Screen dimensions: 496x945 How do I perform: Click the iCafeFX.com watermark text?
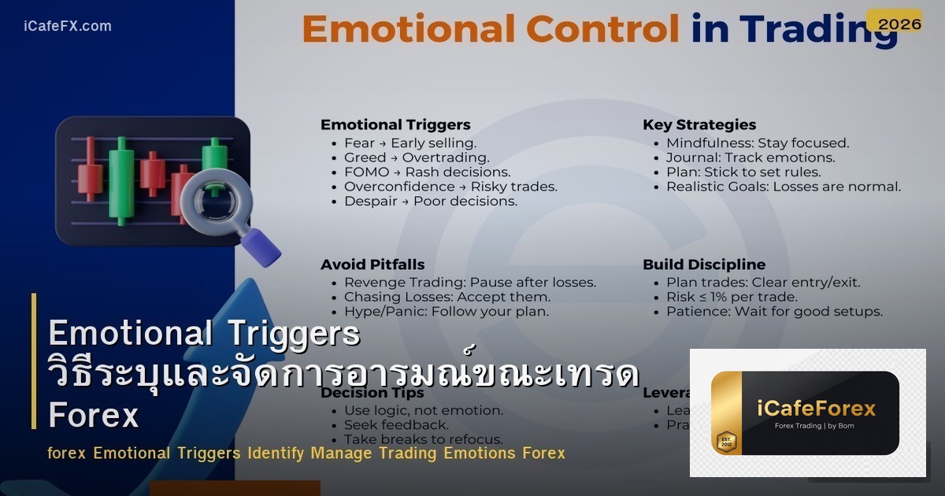[x=68, y=26]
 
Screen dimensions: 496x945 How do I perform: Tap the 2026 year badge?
[x=899, y=24]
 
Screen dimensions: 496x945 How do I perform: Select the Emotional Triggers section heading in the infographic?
[x=395, y=124]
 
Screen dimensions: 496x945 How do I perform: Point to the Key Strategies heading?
[x=699, y=124]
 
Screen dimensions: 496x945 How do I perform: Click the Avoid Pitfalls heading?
[x=372, y=265]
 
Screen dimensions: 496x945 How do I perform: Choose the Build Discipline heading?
[x=704, y=265]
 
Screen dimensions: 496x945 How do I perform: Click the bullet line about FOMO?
[x=428, y=172]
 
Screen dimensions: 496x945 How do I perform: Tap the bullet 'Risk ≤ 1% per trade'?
[x=732, y=297]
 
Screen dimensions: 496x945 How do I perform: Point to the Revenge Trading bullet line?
[x=470, y=282]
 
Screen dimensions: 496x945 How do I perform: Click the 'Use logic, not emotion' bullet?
[x=424, y=410]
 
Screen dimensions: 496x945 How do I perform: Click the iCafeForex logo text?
[x=816, y=408]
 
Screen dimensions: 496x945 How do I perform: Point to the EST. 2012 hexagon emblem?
[x=726, y=441]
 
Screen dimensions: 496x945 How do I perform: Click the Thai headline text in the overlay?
[x=343, y=375]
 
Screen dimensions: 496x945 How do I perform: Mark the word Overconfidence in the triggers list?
[x=399, y=187]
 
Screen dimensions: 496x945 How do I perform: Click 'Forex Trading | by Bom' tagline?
[x=815, y=426]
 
